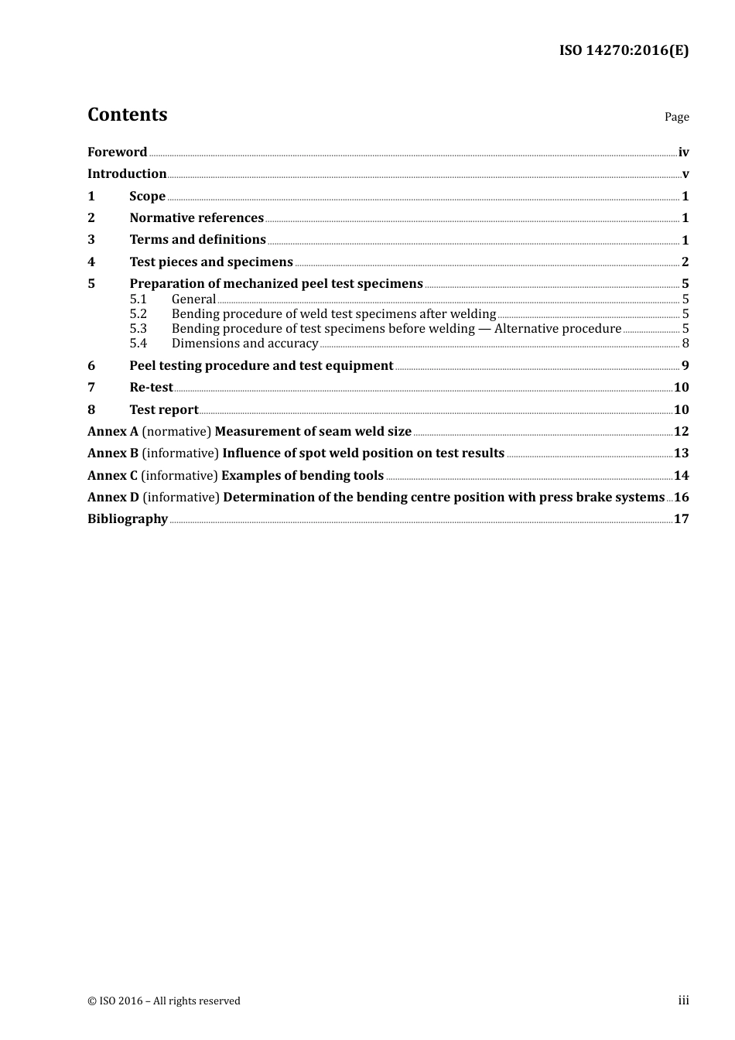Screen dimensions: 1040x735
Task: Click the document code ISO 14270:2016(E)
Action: click(x=624, y=51)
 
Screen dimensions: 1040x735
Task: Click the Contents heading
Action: click(x=127, y=115)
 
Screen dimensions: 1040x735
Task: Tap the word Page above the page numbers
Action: click(x=676, y=117)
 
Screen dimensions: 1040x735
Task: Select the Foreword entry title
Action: click(x=117, y=152)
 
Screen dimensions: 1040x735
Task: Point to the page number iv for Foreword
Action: click(x=683, y=152)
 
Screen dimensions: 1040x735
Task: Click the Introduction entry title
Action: click(x=127, y=174)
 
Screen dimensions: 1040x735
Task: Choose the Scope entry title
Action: click(x=147, y=197)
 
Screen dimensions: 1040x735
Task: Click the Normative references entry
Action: click(x=197, y=218)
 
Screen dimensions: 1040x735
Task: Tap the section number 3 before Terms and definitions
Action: click(x=91, y=240)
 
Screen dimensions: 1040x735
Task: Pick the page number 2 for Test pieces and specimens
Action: click(x=685, y=262)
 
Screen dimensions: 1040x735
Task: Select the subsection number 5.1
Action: click(x=138, y=299)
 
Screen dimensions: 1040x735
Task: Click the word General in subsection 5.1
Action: click(x=193, y=299)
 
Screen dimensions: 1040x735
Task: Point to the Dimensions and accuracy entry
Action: click(x=244, y=344)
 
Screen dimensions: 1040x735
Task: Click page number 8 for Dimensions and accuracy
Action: click(x=685, y=344)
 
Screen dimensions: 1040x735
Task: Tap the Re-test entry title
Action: click(x=151, y=388)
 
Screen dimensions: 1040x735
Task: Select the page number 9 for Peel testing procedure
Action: click(x=685, y=366)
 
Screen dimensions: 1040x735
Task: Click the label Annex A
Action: click(x=113, y=432)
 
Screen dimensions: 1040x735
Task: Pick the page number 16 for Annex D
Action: click(x=681, y=498)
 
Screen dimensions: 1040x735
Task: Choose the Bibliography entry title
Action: click(x=128, y=519)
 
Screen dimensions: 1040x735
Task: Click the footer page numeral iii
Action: click(x=683, y=1001)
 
